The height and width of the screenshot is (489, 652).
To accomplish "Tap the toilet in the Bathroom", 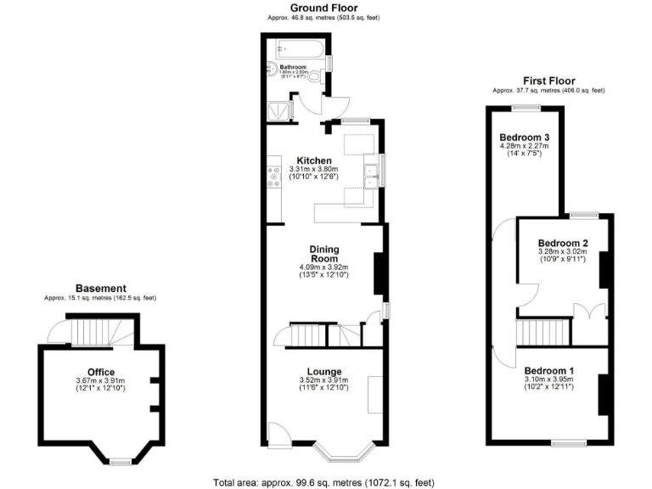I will pos(316,80).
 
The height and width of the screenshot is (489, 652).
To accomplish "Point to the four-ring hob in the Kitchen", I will pos(274,176).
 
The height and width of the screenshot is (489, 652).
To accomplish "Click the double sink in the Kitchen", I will pos(371,176).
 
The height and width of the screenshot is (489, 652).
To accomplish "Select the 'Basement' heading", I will pos(101,289).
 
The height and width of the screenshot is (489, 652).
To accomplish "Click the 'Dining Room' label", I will pos(324,253).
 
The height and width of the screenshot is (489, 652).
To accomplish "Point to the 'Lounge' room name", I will pos(324,371).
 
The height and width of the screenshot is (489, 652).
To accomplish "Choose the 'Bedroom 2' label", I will pos(563,242).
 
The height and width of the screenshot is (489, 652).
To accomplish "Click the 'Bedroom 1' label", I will pos(548,371).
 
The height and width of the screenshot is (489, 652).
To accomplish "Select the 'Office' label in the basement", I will pos(100,371).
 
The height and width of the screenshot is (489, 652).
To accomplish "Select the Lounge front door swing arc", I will pos(278,432).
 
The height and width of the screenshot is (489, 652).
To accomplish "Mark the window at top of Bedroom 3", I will pos(525,107).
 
